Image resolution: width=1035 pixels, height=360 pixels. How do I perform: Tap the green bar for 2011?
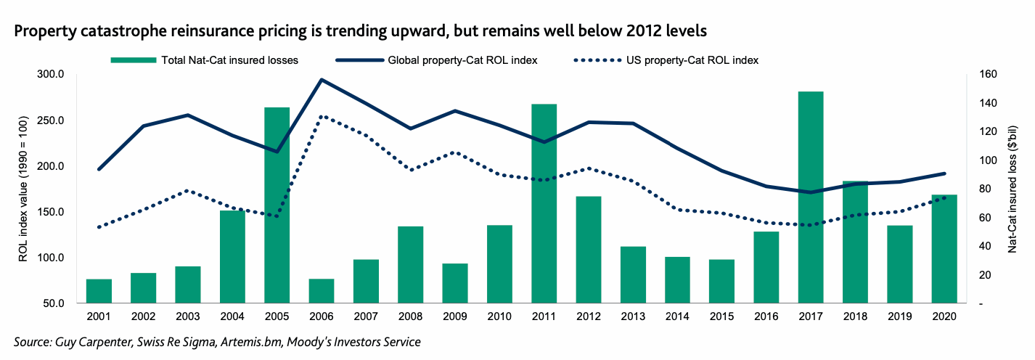pyautogui.click(x=544, y=204)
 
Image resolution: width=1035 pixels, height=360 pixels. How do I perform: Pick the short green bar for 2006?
pyautogui.click(x=321, y=291)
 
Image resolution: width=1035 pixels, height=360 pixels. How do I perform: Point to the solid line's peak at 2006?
pyautogui.click(x=321, y=80)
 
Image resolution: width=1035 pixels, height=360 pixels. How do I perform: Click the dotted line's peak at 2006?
pyautogui.click(x=321, y=116)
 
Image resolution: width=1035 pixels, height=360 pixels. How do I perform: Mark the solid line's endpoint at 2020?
pyautogui.click(x=944, y=173)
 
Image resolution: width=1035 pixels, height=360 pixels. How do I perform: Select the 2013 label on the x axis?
pyautogui.click(x=632, y=318)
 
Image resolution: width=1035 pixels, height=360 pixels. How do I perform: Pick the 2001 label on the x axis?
pyautogui.click(x=99, y=318)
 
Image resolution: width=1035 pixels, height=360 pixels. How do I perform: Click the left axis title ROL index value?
pyautogui.click(x=23, y=189)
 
